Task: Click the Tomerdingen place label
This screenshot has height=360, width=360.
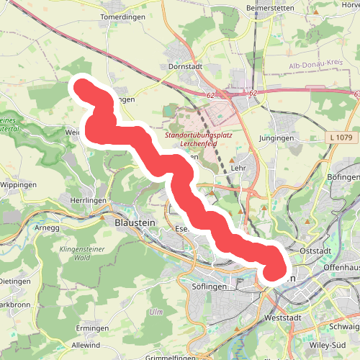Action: [x=124, y=16]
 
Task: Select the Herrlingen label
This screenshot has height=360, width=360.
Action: [x=89, y=200]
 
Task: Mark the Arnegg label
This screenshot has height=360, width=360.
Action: [x=47, y=228]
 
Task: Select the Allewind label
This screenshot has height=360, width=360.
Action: [x=86, y=346]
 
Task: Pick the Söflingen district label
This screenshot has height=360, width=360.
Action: [x=211, y=286]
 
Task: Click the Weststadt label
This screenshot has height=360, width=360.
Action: [x=282, y=317]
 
